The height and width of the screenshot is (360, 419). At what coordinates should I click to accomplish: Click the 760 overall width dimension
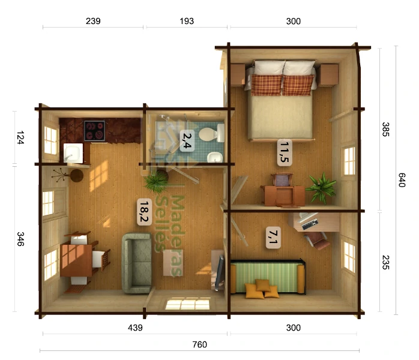[x=200, y=344]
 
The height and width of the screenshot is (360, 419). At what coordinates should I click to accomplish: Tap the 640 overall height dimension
[x=402, y=180]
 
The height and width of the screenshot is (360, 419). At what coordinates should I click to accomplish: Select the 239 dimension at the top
[x=93, y=21]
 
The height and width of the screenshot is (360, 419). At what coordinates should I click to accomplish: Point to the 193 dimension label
[x=187, y=21]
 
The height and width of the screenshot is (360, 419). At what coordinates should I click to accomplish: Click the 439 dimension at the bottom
[x=135, y=328]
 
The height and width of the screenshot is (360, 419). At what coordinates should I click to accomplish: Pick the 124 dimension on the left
[x=20, y=137]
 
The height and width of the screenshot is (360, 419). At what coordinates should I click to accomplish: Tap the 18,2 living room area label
[x=144, y=212]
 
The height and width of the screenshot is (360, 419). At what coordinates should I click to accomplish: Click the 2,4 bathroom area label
[x=187, y=140]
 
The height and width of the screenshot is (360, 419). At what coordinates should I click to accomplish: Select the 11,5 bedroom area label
[x=285, y=152]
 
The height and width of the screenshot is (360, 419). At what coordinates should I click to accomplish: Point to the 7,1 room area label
[x=273, y=238]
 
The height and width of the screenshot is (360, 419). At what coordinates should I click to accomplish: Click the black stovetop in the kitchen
[x=94, y=131]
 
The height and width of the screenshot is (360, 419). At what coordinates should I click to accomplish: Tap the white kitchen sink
[x=73, y=153]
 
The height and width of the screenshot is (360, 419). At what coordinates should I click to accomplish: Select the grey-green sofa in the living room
[x=137, y=263]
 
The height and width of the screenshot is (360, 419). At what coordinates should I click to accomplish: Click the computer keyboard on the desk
[x=310, y=224]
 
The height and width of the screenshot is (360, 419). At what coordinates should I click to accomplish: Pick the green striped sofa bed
[x=268, y=277]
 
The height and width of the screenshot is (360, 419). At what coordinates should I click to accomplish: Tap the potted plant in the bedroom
[x=321, y=187]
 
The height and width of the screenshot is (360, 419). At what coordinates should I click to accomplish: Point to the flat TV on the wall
[x=219, y=272]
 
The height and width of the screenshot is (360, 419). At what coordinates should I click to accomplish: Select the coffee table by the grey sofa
[x=173, y=263]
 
